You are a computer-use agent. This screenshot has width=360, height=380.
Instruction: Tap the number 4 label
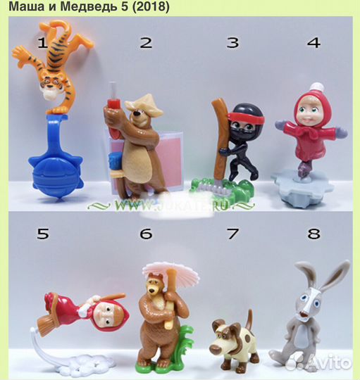tap(314, 42)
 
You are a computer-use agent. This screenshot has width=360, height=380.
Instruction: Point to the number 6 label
tap(146, 233)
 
